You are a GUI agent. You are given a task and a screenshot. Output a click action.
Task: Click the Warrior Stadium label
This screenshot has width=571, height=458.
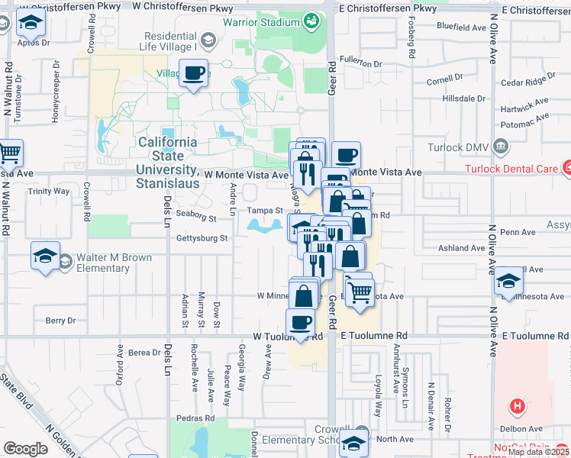pyautogui.click(x=260, y=22)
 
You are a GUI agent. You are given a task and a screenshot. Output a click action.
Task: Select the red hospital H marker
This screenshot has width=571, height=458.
pyautogui.click(x=518, y=407)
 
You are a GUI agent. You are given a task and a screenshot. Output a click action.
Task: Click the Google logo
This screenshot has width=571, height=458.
pyautogui.click(x=26, y=449)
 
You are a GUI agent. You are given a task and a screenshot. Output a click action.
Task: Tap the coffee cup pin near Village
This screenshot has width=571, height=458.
pyautogui.click(x=194, y=74)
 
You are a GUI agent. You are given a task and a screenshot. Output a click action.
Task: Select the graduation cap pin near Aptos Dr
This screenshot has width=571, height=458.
pyautogui.click(x=31, y=27)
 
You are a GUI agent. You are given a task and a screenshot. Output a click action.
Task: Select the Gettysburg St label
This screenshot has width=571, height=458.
pyautogui.click(x=202, y=238)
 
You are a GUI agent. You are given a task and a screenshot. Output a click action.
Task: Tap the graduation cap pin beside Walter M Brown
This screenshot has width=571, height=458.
pyautogui.click(x=45, y=256)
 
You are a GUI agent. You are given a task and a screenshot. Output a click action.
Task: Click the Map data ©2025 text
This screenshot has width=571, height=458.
pyautogui.click(x=537, y=452)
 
